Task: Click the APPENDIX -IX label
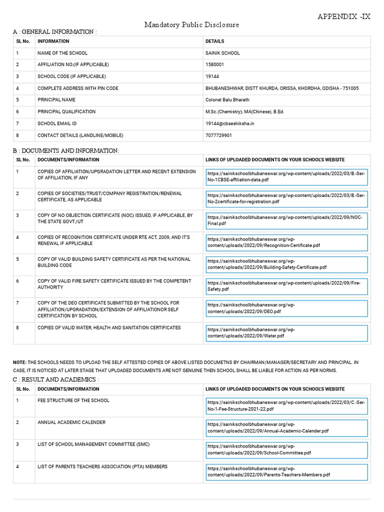[344, 16]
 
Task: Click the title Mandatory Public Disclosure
[192, 24]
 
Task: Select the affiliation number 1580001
[215, 64]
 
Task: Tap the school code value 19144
[212, 76]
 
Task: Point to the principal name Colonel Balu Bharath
[227, 100]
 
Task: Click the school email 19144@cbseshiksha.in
[230, 123]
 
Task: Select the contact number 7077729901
[219, 135]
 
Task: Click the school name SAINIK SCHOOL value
[222, 53]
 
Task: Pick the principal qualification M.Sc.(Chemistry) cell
[245, 112]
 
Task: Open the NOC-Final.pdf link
[286, 221]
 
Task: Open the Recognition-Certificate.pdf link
[286, 242]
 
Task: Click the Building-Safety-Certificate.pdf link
[286, 264]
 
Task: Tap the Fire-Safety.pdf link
[286, 286]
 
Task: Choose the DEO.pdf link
[286, 308]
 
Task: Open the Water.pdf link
[286, 333]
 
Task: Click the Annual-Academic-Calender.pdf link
[286, 427]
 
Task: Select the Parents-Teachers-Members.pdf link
[286, 471]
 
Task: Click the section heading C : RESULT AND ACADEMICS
[55, 379]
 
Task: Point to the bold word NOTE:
[19, 362]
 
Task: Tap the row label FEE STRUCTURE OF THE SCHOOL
[73, 400]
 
